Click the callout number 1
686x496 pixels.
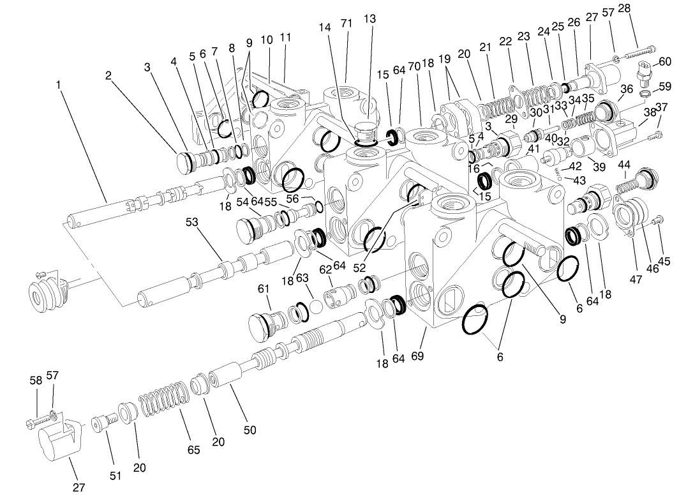[59, 84]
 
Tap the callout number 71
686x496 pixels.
[347, 24]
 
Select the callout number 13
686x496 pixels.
[369, 19]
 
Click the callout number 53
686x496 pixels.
[192, 222]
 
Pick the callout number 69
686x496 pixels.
[417, 356]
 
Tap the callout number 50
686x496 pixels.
[250, 430]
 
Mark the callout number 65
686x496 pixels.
[193, 449]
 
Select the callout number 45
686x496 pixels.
[664, 261]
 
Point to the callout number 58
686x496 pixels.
[36, 380]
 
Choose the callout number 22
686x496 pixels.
[505, 41]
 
